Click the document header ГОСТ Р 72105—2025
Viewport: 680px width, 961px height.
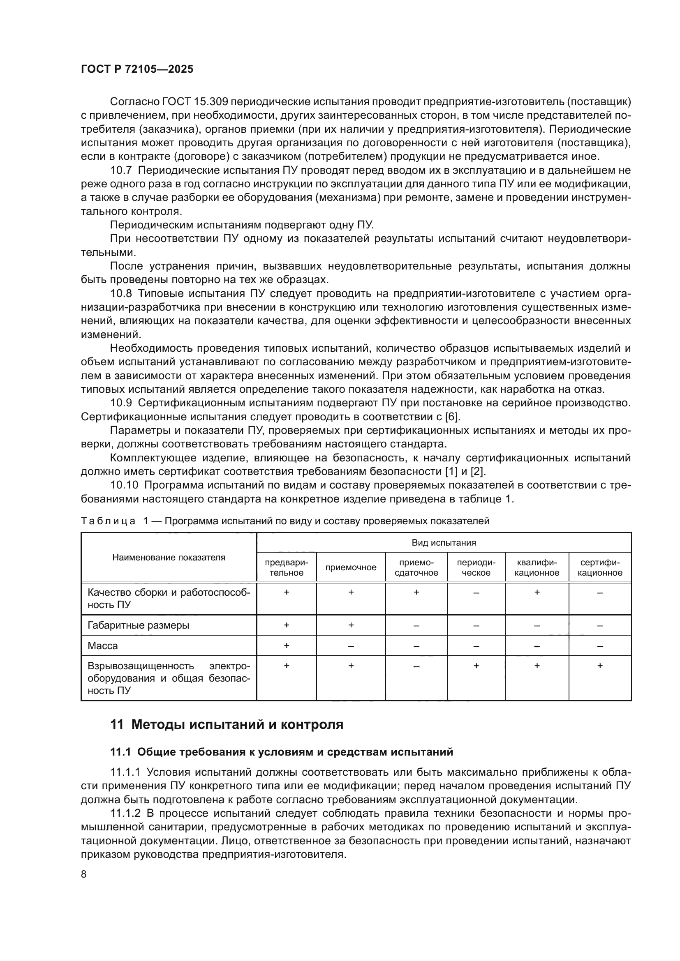point(137,69)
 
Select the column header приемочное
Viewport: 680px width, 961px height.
point(350,567)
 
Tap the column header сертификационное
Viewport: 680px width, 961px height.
point(599,567)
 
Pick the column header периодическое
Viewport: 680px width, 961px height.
point(476,567)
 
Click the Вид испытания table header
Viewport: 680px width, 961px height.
point(444,543)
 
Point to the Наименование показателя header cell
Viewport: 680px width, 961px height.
point(169,557)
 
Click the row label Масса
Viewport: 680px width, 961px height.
point(103,646)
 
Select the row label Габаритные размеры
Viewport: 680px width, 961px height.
point(138,625)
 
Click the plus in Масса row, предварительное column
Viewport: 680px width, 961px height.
point(287,646)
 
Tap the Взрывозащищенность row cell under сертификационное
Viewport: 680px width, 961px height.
point(599,666)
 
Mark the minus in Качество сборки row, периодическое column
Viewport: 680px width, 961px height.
point(476,593)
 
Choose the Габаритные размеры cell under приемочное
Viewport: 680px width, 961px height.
point(350,625)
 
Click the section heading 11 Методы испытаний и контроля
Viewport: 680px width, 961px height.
point(227,724)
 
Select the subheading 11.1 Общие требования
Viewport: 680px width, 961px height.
point(281,752)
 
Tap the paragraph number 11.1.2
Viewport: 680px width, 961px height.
point(126,813)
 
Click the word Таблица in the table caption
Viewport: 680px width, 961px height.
point(108,521)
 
